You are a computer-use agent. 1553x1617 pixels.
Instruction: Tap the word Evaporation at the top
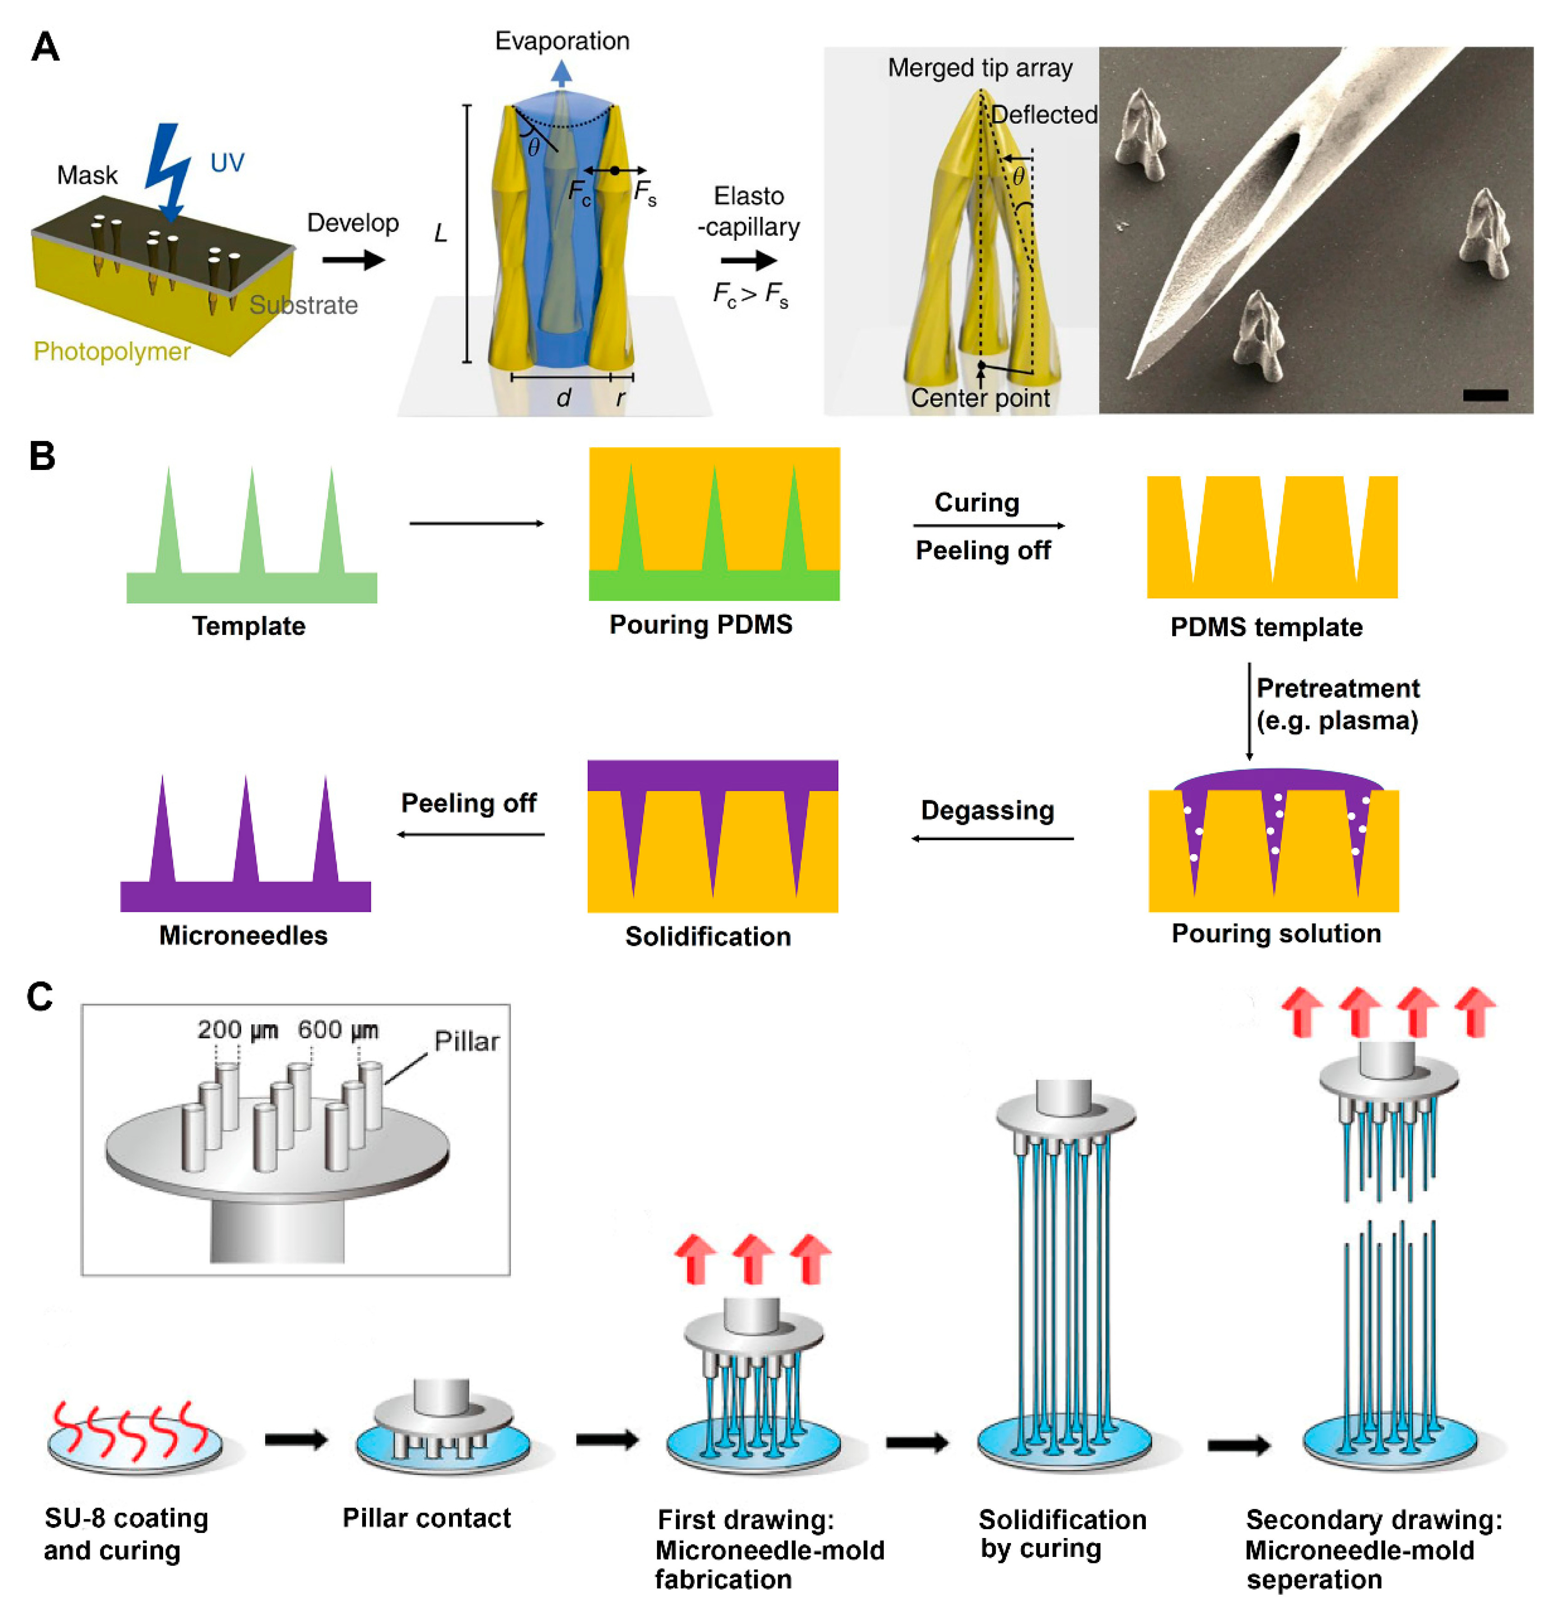pos(562,41)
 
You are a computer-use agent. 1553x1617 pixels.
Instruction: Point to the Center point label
pos(980,398)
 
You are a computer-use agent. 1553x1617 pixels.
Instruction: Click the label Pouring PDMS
pos(700,624)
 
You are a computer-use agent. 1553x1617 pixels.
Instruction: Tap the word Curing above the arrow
pos(976,502)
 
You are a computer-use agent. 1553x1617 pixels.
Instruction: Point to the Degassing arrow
pos(992,838)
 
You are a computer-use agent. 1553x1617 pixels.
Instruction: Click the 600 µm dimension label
pos(338,1030)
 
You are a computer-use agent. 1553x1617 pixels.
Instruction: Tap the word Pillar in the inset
pos(467,1042)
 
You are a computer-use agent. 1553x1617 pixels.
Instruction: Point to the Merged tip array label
pos(980,67)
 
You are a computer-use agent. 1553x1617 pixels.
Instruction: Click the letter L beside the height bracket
pos(440,234)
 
